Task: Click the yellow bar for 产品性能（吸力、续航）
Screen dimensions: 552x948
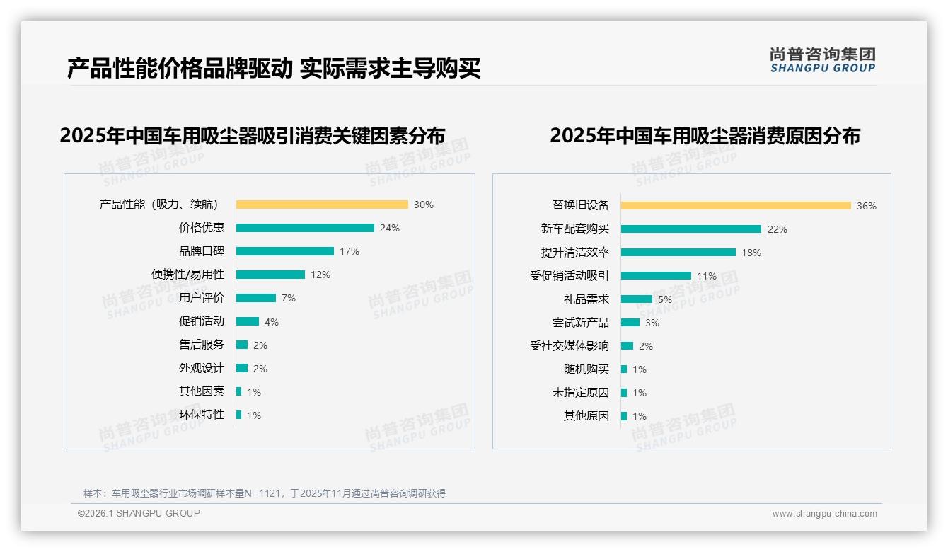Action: coord(322,205)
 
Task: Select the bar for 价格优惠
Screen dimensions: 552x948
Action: coord(305,228)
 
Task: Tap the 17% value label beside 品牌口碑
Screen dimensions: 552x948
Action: coord(349,251)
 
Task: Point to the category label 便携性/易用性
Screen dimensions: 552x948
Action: coord(187,275)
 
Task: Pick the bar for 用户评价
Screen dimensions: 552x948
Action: coord(255,298)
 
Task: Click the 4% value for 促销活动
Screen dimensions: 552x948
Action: coord(272,322)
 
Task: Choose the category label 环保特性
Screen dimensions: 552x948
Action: coord(202,415)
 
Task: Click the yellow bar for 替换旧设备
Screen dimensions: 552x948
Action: coord(736,206)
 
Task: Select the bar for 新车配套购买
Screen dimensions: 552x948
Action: coord(691,229)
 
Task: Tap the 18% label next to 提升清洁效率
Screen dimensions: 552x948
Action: coord(751,253)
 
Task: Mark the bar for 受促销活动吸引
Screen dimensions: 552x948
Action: coord(656,276)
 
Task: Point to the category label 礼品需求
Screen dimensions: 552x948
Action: coord(586,299)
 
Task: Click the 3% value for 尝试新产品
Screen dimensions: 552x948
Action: coord(652,323)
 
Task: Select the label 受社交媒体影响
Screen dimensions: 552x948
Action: coord(570,346)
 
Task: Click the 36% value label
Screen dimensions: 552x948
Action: coord(867,207)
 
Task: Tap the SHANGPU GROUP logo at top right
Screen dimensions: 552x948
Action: coord(822,60)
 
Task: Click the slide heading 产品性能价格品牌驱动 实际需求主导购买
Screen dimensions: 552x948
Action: coord(274,69)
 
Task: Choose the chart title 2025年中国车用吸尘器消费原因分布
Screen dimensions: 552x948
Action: coord(705,135)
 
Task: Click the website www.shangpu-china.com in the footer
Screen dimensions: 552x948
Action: coord(824,514)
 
